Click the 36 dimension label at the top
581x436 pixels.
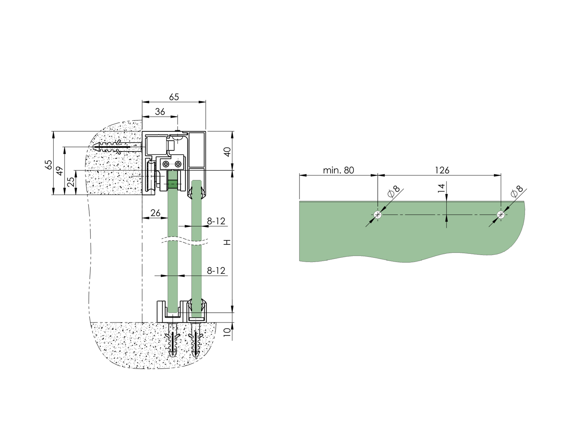(x=160, y=112)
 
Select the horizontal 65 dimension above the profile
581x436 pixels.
(x=174, y=97)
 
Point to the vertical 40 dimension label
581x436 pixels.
(x=227, y=151)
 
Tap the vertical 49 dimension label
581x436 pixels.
(x=59, y=171)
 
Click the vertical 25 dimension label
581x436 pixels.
(x=71, y=182)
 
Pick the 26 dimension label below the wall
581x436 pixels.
(x=156, y=213)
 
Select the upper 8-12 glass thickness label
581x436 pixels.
(x=216, y=221)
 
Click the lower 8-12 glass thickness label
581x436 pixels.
(x=216, y=271)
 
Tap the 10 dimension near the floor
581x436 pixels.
(x=227, y=332)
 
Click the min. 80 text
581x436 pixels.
(x=338, y=170)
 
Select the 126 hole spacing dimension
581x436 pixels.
(x=442, y=170)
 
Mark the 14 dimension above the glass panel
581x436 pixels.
(x=441, y=188)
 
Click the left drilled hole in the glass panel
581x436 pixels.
(x=378, y=215)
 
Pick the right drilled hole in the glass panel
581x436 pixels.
(x=500, y=215)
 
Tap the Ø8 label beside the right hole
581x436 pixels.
(x=517, y=191)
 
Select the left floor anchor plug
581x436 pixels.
(x=173, y=341)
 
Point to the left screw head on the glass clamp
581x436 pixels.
(x=166, y=164)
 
